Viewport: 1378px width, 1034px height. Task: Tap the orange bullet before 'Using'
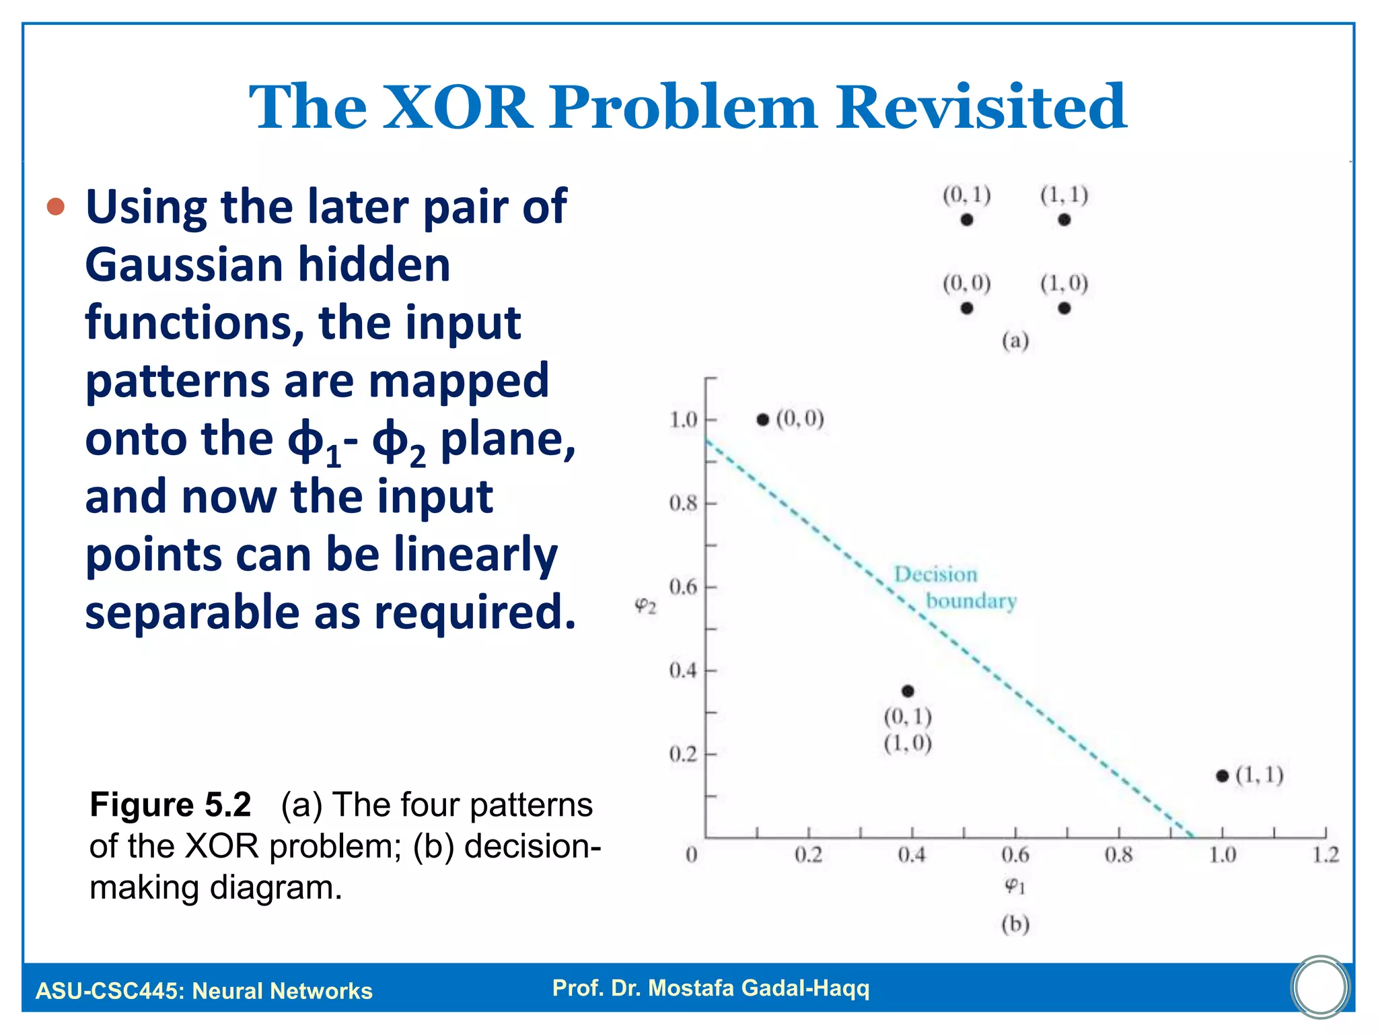(56, 206)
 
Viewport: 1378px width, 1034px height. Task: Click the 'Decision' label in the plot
(935, 574)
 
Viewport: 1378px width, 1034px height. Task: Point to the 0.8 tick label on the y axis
(682, 503)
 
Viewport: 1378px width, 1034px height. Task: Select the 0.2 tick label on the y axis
(682, 754)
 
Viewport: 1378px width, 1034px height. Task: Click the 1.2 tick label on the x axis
(1325, 855)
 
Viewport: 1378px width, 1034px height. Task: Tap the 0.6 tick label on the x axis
(1015, 855)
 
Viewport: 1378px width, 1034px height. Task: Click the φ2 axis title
(645, 606)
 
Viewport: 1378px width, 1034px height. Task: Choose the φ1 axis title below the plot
(1015, 886)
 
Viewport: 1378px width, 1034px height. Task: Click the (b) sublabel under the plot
(1015, 924)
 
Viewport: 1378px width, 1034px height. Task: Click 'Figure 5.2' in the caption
(170, 804)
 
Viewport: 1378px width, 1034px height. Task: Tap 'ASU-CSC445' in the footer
(108, 991)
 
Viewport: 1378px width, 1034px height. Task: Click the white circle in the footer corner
(1320, 987)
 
